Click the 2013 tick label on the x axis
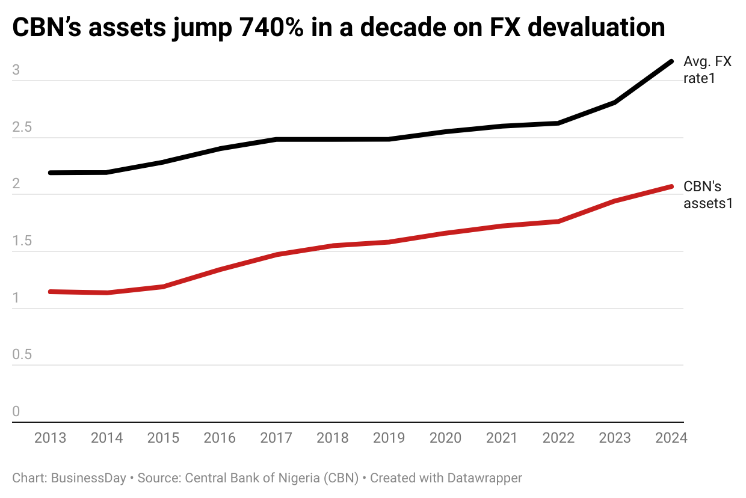point(51,438)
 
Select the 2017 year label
point(276,438)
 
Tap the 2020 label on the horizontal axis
point(446,438)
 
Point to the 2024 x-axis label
point(671,438)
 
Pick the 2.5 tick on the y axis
point(23,128)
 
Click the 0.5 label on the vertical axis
point(23,355)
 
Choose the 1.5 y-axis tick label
point(23,241)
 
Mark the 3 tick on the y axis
point(16,70)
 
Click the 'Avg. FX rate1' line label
point(707,70)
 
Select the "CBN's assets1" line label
point(707,195)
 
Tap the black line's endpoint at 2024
point(671,61)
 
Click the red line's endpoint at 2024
point(671,186)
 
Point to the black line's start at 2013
point(51,173)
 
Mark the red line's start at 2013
point(51,292)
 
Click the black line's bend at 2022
point(558,123)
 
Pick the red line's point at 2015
point(163,286)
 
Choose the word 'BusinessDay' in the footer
point(89,479)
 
